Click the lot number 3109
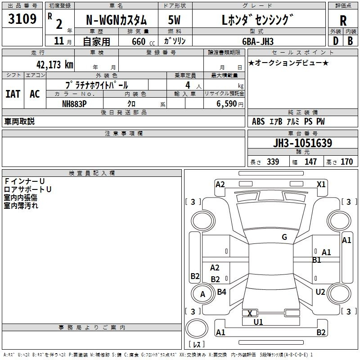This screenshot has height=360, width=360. (x=22, y=18)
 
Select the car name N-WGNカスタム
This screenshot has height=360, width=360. (x=117, y=20)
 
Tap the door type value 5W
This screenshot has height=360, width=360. (x=174, y=20)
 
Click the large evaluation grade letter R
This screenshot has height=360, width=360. (x=343, y=21)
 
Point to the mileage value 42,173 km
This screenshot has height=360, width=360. (x=55, y=64)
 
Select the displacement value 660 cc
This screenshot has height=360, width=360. (x=144, y=41)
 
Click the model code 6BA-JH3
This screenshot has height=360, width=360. (x=258, y=41)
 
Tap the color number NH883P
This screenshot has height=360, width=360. (x=74, y=104)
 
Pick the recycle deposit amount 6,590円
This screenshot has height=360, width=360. (x=230, y=104)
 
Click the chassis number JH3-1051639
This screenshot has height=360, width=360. (x=302, y=143)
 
